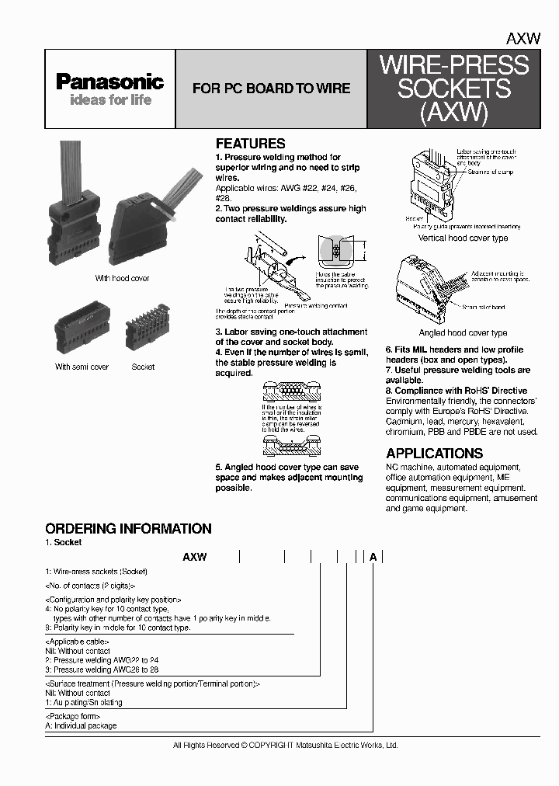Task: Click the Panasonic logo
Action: coord(109,82)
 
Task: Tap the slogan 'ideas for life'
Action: coord(110,100)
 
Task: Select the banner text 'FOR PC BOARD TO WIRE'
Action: coord(271,89)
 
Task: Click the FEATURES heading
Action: coord(250,144)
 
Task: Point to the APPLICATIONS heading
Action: coord(434,454)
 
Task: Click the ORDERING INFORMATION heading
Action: coord(128,529)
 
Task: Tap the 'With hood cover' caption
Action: coord(122,278)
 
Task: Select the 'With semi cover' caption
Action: coord(82,367)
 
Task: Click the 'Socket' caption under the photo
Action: coord(143,367)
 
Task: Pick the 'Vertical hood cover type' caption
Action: coord(463,238)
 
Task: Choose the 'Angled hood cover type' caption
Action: coord(463,332)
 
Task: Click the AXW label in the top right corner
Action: coord(523,38)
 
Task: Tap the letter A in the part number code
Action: coord(373,557)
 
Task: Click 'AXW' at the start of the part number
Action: coord(194,557)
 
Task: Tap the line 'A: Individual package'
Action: coord(81,725)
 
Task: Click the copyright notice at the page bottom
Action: coord(285,745)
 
